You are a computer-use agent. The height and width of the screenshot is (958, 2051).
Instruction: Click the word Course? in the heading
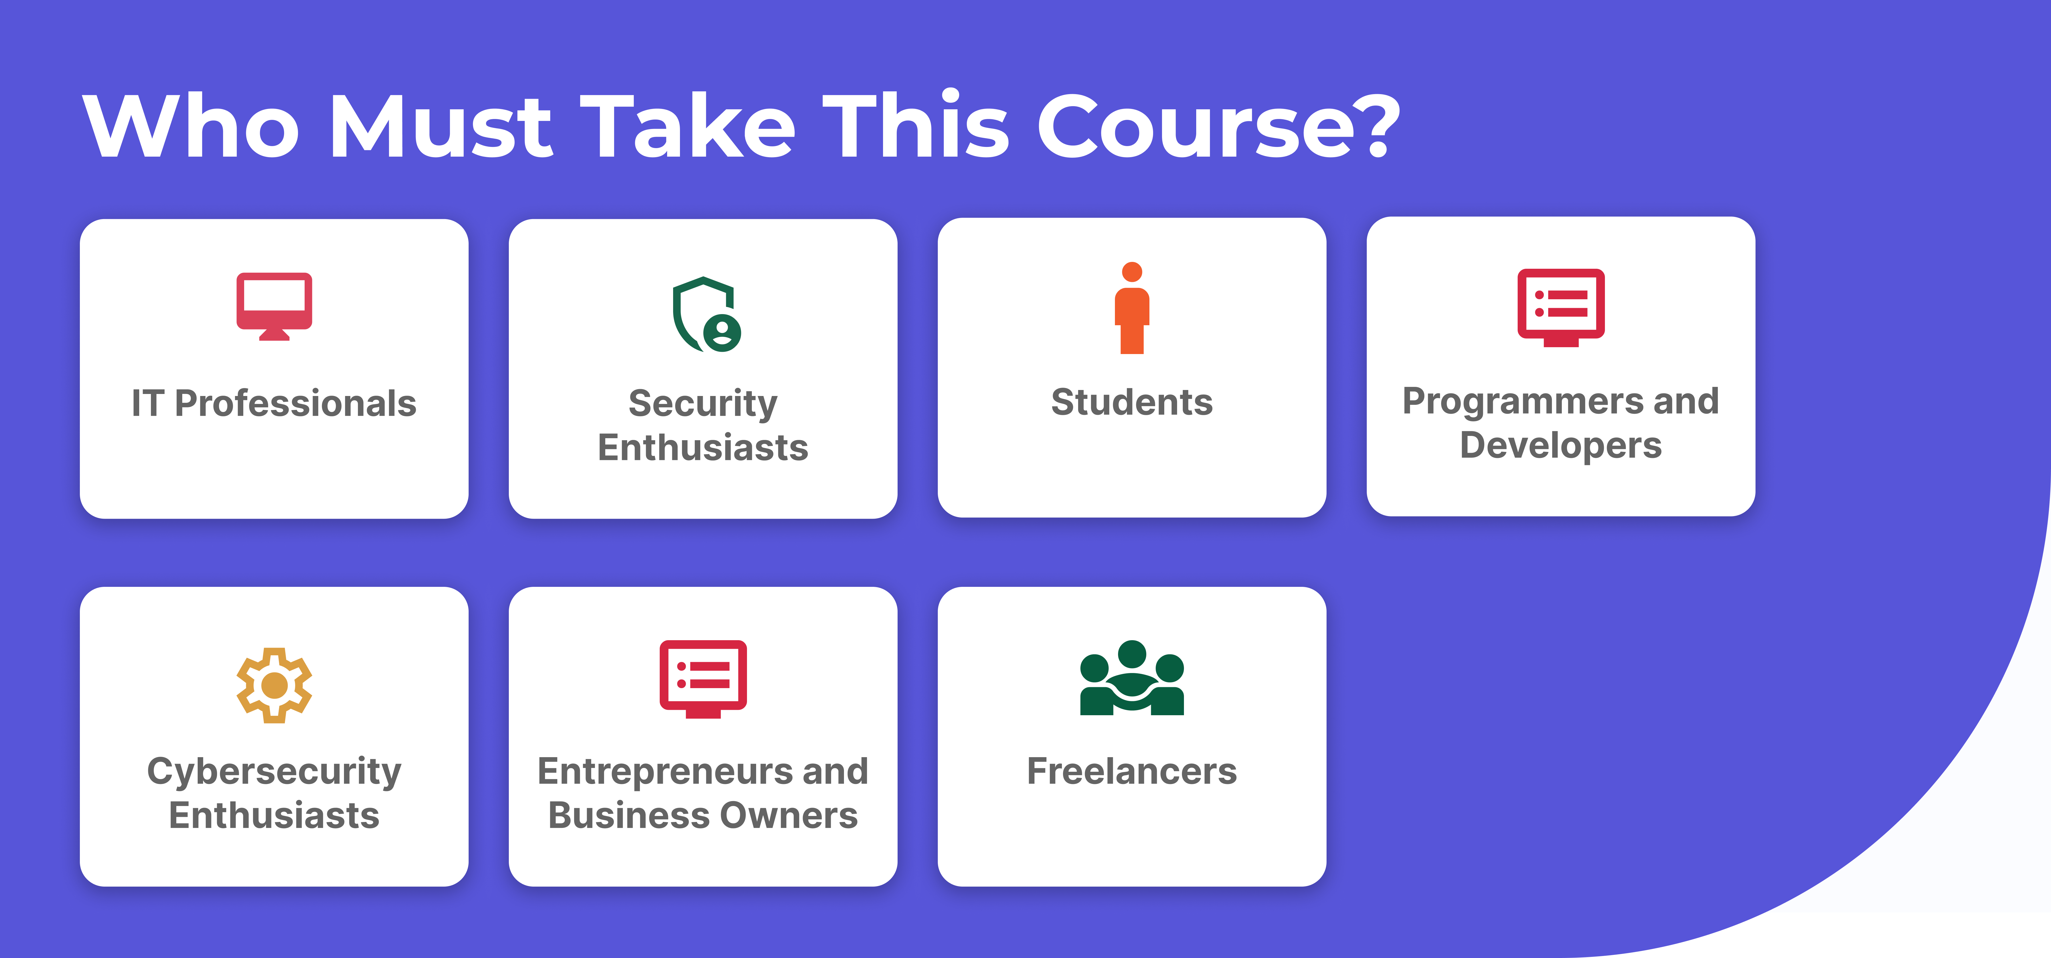tap(1218, 125)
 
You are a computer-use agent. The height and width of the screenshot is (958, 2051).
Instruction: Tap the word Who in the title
tap(191, 125)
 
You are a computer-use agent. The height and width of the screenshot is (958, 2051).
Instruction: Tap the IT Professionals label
tap(274, 403)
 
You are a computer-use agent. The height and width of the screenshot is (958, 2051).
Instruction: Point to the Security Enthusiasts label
tap(703, 425)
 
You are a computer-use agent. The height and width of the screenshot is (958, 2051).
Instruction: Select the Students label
tap(1132, 401)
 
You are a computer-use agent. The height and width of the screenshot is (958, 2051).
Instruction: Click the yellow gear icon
tap(274, 685)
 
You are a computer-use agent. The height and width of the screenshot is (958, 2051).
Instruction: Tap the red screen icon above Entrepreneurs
tap(703, 678)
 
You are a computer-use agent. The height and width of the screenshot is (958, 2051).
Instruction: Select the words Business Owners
tap(703, 815)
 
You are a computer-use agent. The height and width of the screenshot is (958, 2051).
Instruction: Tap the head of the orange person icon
tap(1132, 272)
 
